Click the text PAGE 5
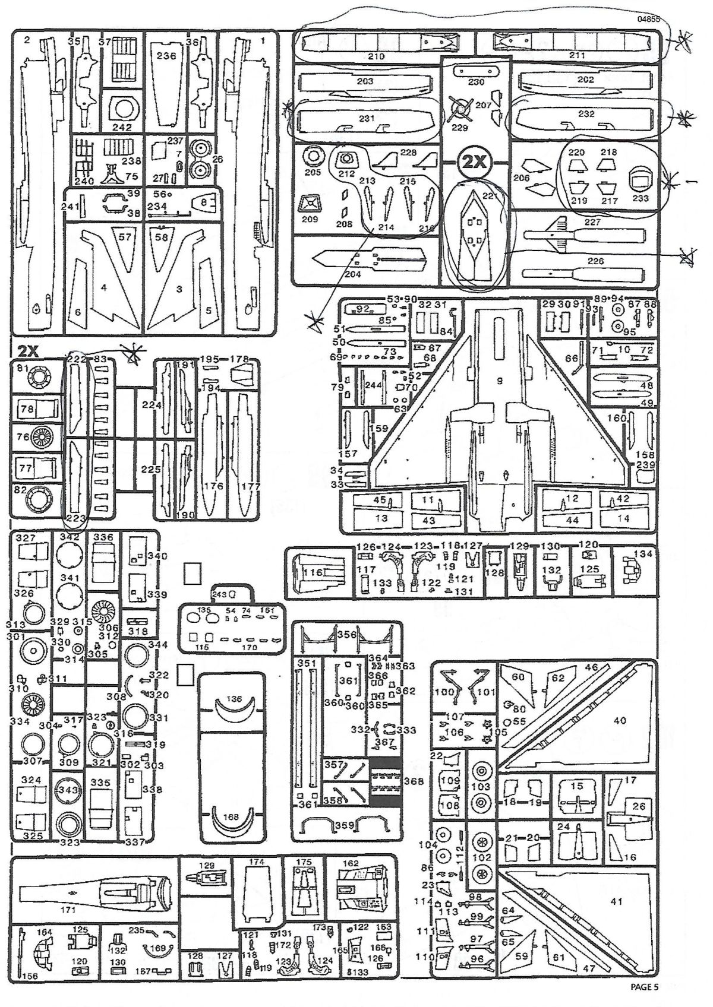click(644, 988)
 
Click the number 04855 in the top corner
click(648, 19)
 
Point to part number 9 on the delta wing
click(499, 381)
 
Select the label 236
click(166, 56)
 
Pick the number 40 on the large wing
click(619, 721)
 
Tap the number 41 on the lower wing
click(616, 901)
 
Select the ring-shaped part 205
click(312, 157)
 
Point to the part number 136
click(235, 699)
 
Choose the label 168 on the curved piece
click(231, 817)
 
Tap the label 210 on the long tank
click(376, 56)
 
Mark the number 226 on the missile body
click(595, 261)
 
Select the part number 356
click(347, 634)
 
